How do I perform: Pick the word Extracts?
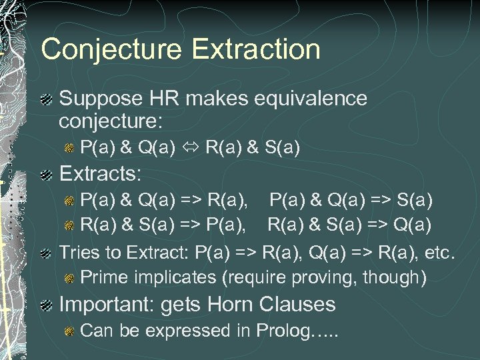(x=101, y=175)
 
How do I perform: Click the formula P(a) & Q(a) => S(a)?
(x=351, y=199)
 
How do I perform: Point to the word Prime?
(x=102, y=276)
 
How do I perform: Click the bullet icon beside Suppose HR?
(x=47, y=99)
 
